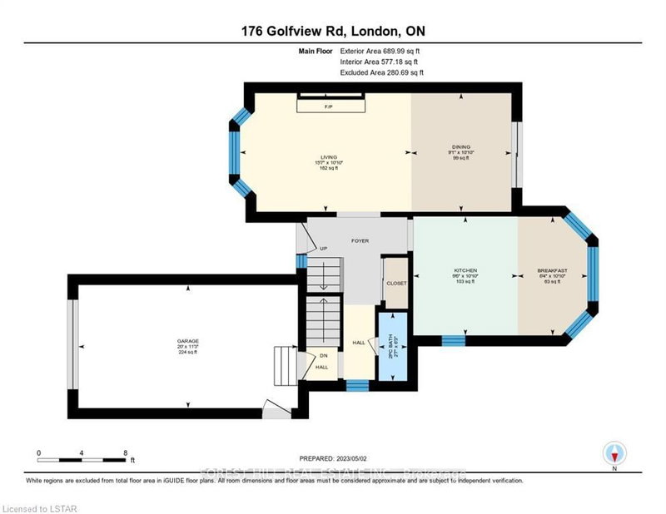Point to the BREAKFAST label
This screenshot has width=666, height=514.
[x=553, y=271]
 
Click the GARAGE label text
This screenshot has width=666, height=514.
[x=187, y=341]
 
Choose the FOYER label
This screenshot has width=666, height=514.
[x=360, y=241]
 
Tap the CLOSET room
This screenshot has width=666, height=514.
[x=396, y=283]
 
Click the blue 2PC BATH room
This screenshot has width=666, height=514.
[x=390, y=343]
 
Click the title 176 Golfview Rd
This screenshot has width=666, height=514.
[x=332, y=32]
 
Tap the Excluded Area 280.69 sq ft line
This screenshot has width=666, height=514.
[x=381, y=73]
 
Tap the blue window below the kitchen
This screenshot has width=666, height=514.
[x=453, y=339]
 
